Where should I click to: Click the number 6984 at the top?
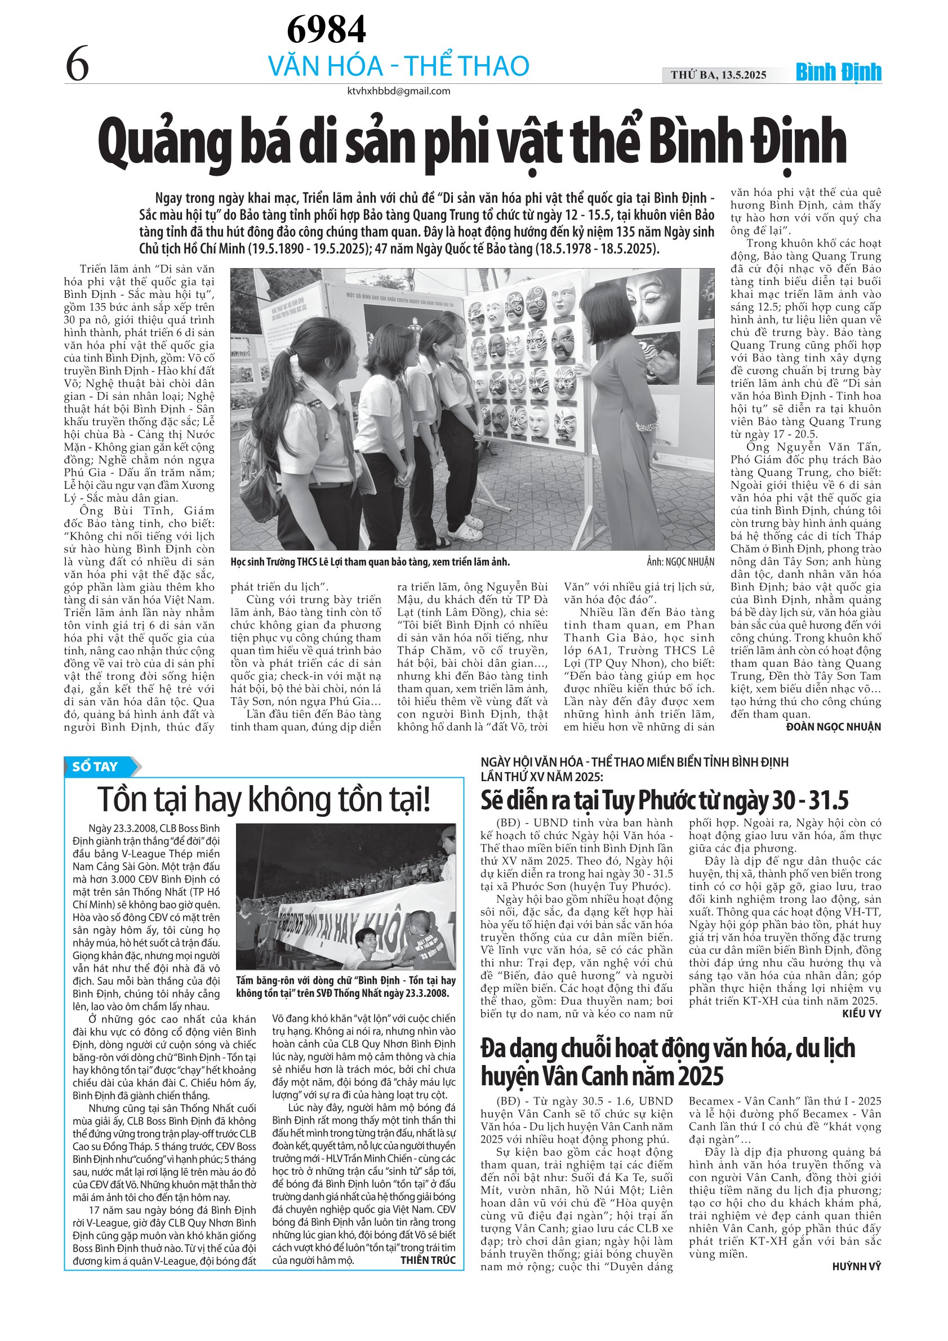[x=326, y=29]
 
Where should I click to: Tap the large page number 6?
[x=77, y=64]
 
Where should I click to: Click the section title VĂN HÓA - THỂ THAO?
[x=398, y=66]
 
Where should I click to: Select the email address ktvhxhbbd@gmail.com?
[x=398, y=91]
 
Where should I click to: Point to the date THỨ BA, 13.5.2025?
[x=718, y=75]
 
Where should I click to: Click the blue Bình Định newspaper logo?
[x=838, y=73]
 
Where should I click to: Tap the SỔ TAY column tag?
[x=96, y=767]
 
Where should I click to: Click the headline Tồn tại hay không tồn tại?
[x=264, y=799]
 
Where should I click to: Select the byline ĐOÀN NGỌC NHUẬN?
[x=834, y=727]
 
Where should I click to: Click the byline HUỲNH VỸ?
[x=857, y=1266]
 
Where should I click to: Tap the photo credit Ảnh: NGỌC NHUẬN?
[x=680, y=562]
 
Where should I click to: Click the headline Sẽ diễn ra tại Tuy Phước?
[x=664, y=800]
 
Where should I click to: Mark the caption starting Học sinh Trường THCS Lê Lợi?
[x=370, y=562]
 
